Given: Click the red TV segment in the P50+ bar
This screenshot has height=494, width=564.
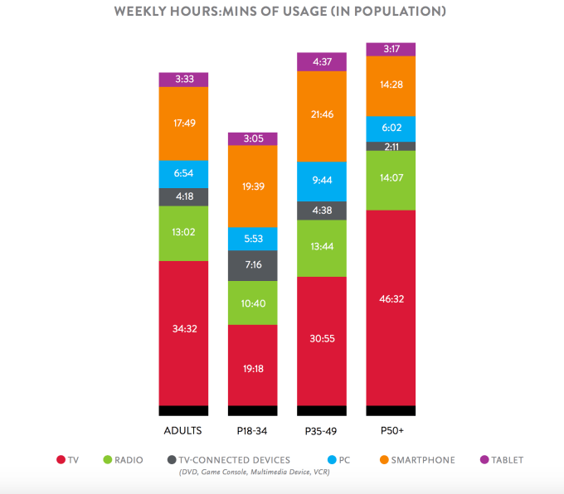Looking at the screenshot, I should coord(391,307).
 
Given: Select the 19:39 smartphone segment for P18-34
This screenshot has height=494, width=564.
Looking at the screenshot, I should coord(252,186).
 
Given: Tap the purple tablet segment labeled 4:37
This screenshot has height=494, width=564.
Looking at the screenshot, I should coord(321,61).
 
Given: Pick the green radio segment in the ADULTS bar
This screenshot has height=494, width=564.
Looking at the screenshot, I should coord(183,233).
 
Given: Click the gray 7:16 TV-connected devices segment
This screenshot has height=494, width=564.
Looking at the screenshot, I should coord(252,265).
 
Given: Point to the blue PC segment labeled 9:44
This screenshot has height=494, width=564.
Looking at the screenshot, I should coord(321,180).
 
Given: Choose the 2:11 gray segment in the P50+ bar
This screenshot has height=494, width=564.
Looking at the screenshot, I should coord(391,146).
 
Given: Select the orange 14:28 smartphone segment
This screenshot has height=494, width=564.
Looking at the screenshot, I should coord(391,85).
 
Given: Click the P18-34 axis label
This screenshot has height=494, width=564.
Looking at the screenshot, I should coord(252,430).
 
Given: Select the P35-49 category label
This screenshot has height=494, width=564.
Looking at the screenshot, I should coord(321,430).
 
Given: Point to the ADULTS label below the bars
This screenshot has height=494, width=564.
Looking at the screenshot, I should coord(183,430).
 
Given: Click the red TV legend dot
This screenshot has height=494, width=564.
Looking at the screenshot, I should coord(61,460).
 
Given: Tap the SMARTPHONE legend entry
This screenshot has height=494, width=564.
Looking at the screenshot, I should coord(420,460).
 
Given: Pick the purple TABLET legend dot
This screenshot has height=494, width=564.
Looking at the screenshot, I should coord(484,460).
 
